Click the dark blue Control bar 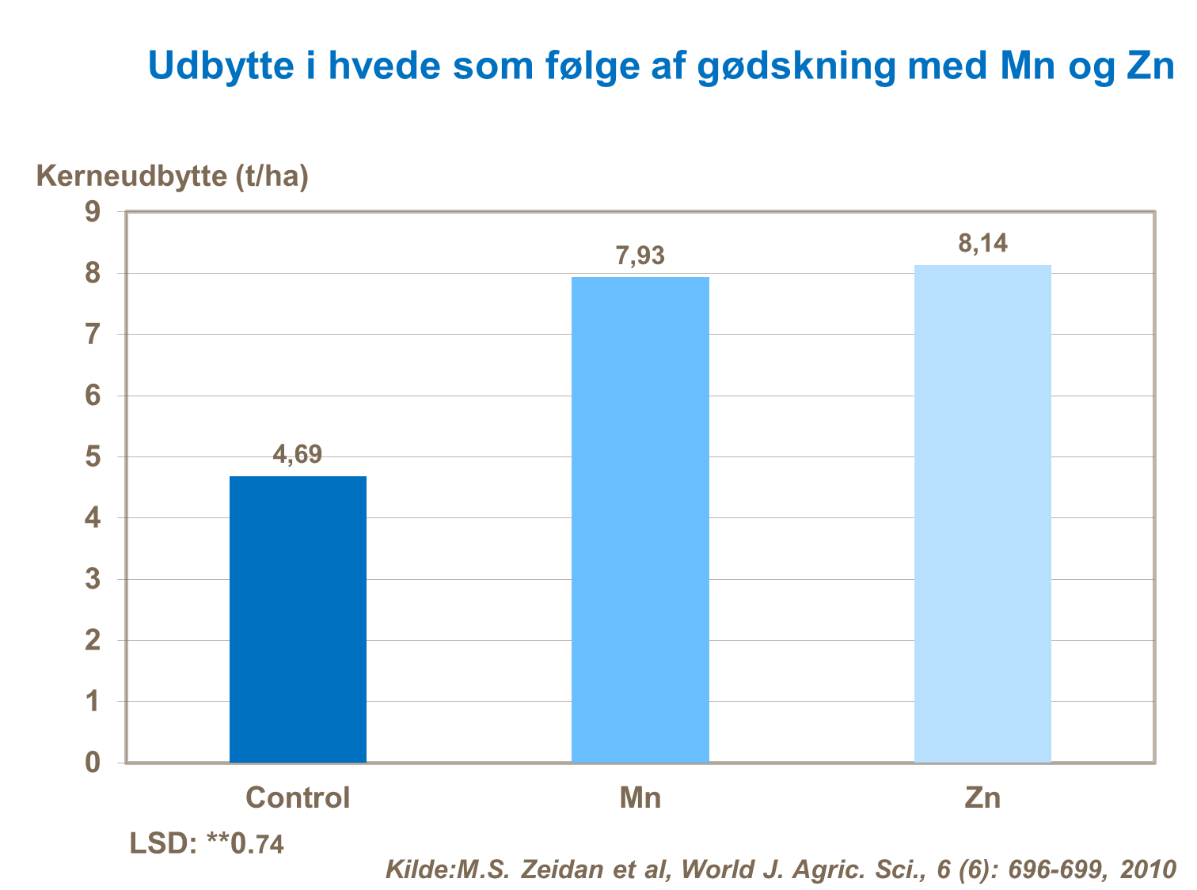298,619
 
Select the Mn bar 640,519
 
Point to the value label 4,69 298,455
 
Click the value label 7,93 640,256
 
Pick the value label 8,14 982,244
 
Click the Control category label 298,797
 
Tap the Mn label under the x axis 640,797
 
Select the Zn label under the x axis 982,797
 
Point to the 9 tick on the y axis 93,212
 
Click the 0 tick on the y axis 93,763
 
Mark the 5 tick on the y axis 93,457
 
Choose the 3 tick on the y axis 93,579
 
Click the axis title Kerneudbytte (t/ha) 173,176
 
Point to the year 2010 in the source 1148,869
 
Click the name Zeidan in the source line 568,869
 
